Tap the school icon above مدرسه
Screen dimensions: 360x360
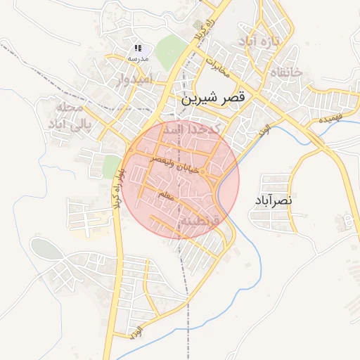[x=138, y=49]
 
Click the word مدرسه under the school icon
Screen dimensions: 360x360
[x=138, y=59]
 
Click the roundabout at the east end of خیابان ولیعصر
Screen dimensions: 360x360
[x=203, y=172]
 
